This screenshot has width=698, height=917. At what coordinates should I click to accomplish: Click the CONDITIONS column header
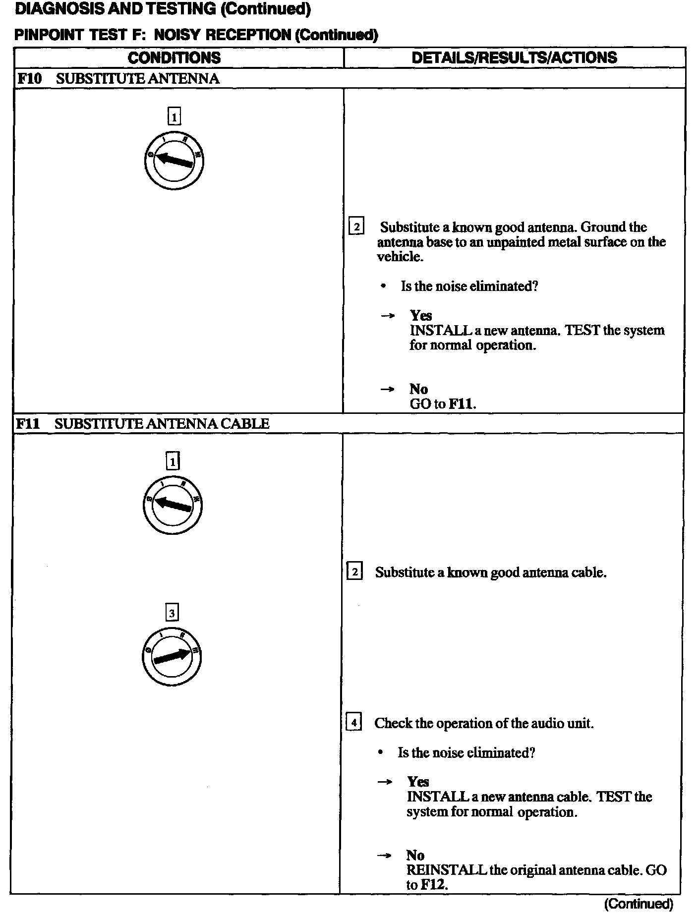tap(174, 57)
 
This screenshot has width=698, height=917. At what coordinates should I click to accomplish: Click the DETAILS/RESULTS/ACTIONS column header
tap(514, 57)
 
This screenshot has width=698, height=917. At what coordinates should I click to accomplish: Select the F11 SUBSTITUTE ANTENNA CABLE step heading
tap(142, 423)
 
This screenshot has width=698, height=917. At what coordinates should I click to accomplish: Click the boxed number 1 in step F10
tap(174, 117)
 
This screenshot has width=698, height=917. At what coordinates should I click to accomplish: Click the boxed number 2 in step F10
tap(356, 227)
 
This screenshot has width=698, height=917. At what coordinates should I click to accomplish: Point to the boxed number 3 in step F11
tap(172, 613)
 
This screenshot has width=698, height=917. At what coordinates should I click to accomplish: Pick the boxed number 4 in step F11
tap(353, 722)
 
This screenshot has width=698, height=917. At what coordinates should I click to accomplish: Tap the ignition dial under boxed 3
tap(172, 656)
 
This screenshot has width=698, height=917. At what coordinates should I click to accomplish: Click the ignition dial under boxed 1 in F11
tap(172, 506)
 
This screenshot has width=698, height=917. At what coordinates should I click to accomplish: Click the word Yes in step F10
tap(420, 315)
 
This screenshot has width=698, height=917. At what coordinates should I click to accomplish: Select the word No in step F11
tap(415, 855)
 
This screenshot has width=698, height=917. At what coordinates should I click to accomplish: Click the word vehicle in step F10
tap(400, 256)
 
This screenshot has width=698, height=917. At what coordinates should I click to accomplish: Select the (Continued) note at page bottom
tap(639, 904)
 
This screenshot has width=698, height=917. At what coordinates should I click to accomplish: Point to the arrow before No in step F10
tap(387, 390)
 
